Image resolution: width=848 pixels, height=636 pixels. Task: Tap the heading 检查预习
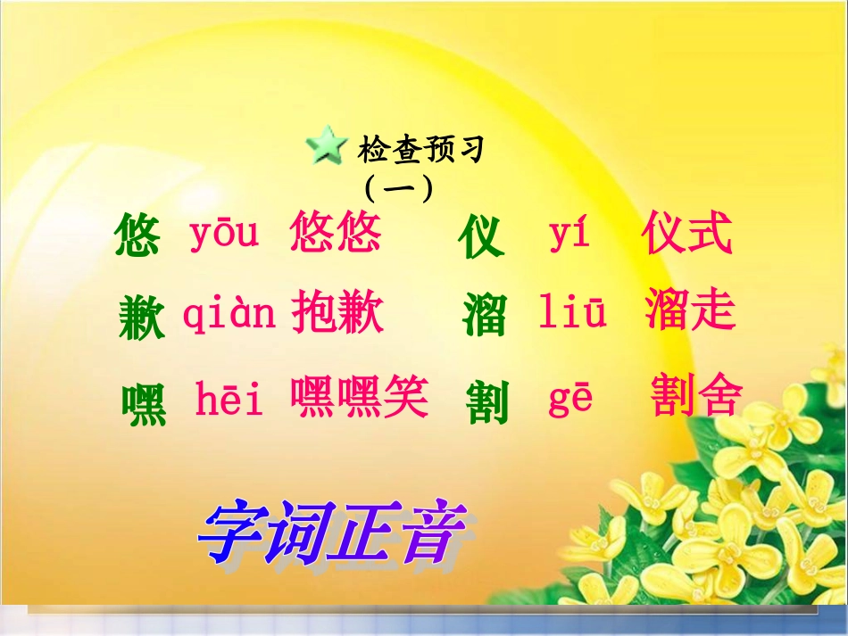pos(420,150)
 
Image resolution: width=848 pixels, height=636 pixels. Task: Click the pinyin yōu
pos(223,234)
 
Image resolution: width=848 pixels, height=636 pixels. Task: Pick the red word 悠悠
pos(336,234)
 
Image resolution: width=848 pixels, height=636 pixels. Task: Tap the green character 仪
pos(482,238)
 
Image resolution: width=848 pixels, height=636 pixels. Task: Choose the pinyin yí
pos(569,235)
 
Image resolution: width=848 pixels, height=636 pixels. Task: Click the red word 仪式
pos(686,235)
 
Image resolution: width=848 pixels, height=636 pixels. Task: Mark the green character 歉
pos(141,318)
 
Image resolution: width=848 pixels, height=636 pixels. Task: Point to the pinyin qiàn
pos(229,313)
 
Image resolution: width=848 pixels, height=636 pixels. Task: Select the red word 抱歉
pos(337,313)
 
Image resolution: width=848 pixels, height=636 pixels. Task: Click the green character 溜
pos(485,316)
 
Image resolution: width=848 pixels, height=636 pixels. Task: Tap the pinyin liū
pos(572,314)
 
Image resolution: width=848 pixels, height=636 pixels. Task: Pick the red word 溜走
pos(689,311)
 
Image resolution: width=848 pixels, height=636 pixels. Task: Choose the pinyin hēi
pos(229,401)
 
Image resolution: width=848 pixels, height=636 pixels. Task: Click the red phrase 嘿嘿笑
pos(359,398)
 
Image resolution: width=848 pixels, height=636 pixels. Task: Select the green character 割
pos(487,403)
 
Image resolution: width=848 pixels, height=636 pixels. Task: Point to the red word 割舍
pos(696,397)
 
